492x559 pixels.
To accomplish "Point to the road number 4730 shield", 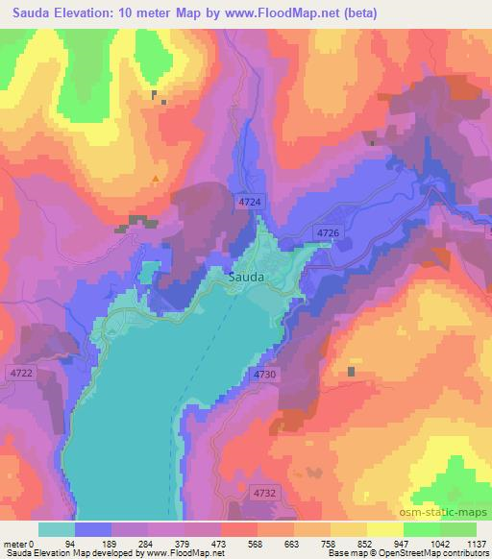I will point(266,373).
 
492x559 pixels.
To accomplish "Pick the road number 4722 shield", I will point(21,373).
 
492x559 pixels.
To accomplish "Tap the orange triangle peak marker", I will point(156,178).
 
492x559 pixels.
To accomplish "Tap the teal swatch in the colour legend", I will point(57,529).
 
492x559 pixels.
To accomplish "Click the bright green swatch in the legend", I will point(420,529).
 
